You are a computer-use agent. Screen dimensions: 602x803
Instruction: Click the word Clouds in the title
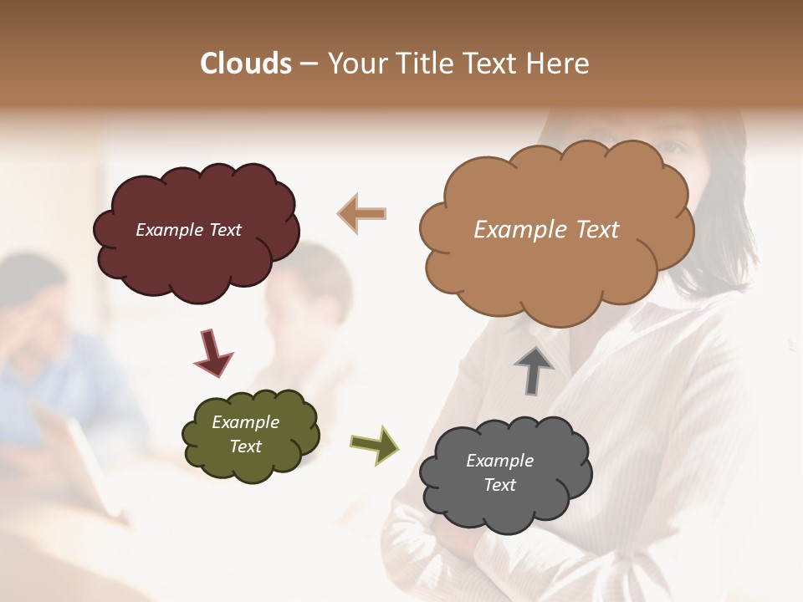pyautogui.click(x=246, y=64)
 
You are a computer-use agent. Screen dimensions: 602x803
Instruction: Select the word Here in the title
pyautogui.click(x=559, y=64)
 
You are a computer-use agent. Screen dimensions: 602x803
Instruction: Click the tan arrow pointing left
pyautogui.click(x=362, y=213)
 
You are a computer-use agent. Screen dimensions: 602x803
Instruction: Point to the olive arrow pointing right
pyautogui.click(x=374, y=445)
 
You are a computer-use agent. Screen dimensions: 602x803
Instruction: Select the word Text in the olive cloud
pyautogui.click(x=246, y=446)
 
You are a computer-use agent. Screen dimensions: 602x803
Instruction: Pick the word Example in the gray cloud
pyautogui.click(x=499, y=461)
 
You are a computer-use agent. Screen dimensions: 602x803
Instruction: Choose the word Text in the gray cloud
pyautogui.click(x=499, y=485)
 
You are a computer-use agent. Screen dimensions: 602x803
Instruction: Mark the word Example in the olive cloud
pyautogui.click(x=246, y=422)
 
